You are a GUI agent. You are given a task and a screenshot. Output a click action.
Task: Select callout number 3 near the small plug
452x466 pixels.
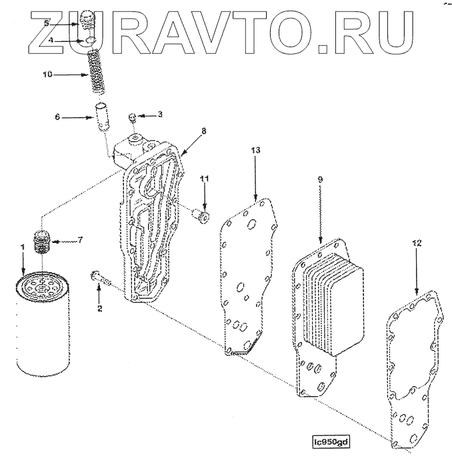coord(160,115)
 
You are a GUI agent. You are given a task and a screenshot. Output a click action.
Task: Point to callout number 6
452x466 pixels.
coord(57,117)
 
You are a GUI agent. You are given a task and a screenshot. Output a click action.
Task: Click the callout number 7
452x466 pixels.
coord(81,240)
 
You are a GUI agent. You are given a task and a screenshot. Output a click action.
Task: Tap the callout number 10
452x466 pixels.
coord(47,75)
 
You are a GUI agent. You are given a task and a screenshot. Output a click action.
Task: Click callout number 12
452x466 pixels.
coord(416,244)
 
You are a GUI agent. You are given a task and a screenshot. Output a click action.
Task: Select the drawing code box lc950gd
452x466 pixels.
coord(331,441)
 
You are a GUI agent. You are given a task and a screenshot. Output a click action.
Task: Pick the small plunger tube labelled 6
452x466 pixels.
coord(102,116)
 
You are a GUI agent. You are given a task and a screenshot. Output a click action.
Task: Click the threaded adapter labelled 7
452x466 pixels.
coord(43,242)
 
